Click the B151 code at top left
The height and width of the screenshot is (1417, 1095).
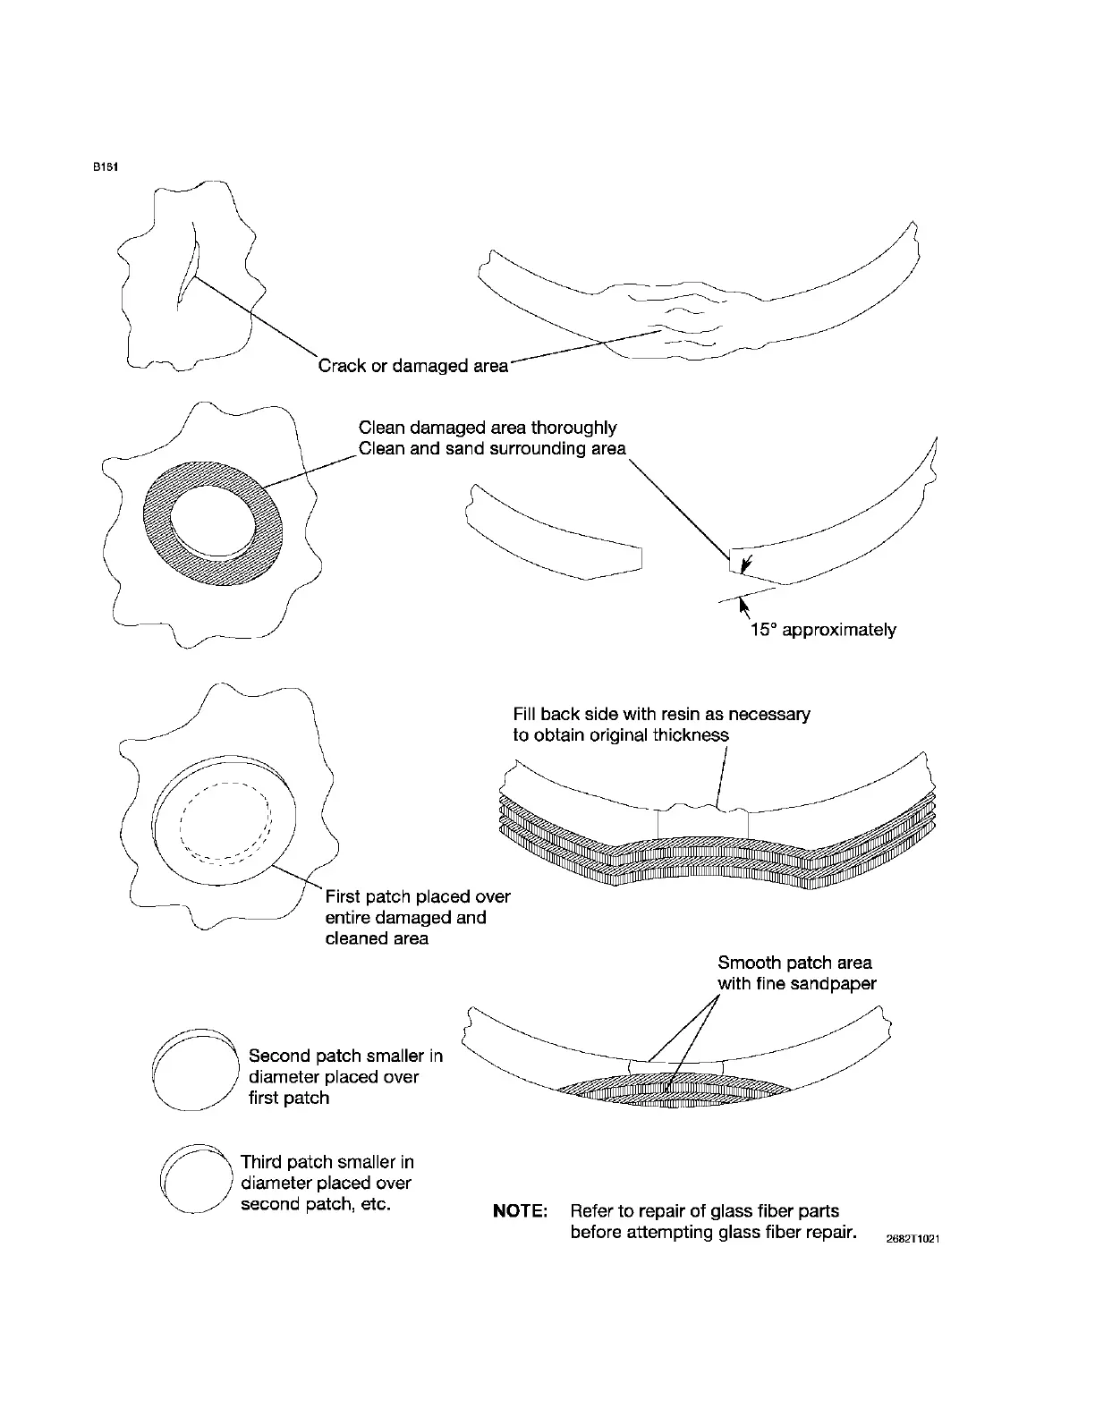106,167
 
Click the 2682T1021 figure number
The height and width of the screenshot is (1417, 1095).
912,1239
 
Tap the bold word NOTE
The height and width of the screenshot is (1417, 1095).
520,1211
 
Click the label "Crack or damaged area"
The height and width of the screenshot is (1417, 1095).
413,366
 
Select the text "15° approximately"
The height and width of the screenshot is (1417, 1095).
822,630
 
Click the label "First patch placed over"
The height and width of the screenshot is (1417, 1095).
418,896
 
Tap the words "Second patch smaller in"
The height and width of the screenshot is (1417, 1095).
345,1056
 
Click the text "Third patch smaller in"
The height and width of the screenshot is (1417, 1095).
327,1162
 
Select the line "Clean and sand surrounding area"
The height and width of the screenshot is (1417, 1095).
492,449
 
